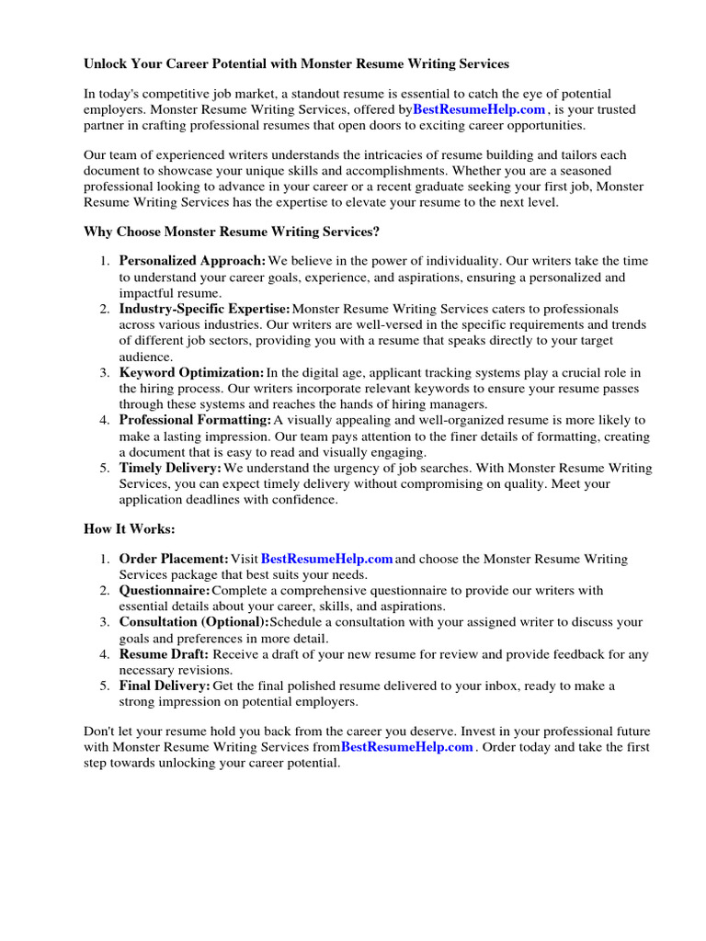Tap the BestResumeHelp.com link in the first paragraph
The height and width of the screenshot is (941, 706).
(x=479, y=110)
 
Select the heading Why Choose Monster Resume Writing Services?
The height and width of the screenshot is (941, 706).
(x=231, y=232)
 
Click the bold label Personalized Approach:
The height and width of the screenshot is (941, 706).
(x=192, y=262)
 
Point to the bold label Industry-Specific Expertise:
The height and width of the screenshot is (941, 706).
(x=204, y=310)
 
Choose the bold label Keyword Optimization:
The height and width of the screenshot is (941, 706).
(x=191, y=373)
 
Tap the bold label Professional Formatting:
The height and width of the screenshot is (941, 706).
(x=195, y=421)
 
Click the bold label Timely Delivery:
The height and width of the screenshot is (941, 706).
(x=170, y=469)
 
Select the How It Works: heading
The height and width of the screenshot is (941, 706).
(x=129, y=530)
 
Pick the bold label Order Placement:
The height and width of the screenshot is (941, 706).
(x=174, y=560)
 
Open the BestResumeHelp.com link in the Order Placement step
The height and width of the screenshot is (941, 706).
(x=327, y=560)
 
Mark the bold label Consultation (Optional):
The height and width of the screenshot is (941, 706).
(x=194, y=623)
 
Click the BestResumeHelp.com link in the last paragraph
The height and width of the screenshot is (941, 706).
(x=407, y=748)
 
